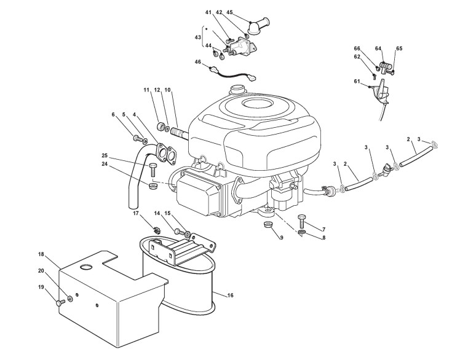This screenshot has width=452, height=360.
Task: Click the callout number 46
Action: (197, 62)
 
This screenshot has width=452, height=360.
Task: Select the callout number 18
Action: (41, 254)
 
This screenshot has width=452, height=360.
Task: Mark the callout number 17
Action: (136, 214)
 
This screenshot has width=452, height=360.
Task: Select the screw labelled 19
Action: (60, 302)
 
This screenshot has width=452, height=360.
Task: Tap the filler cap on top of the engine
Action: (237, 89)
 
